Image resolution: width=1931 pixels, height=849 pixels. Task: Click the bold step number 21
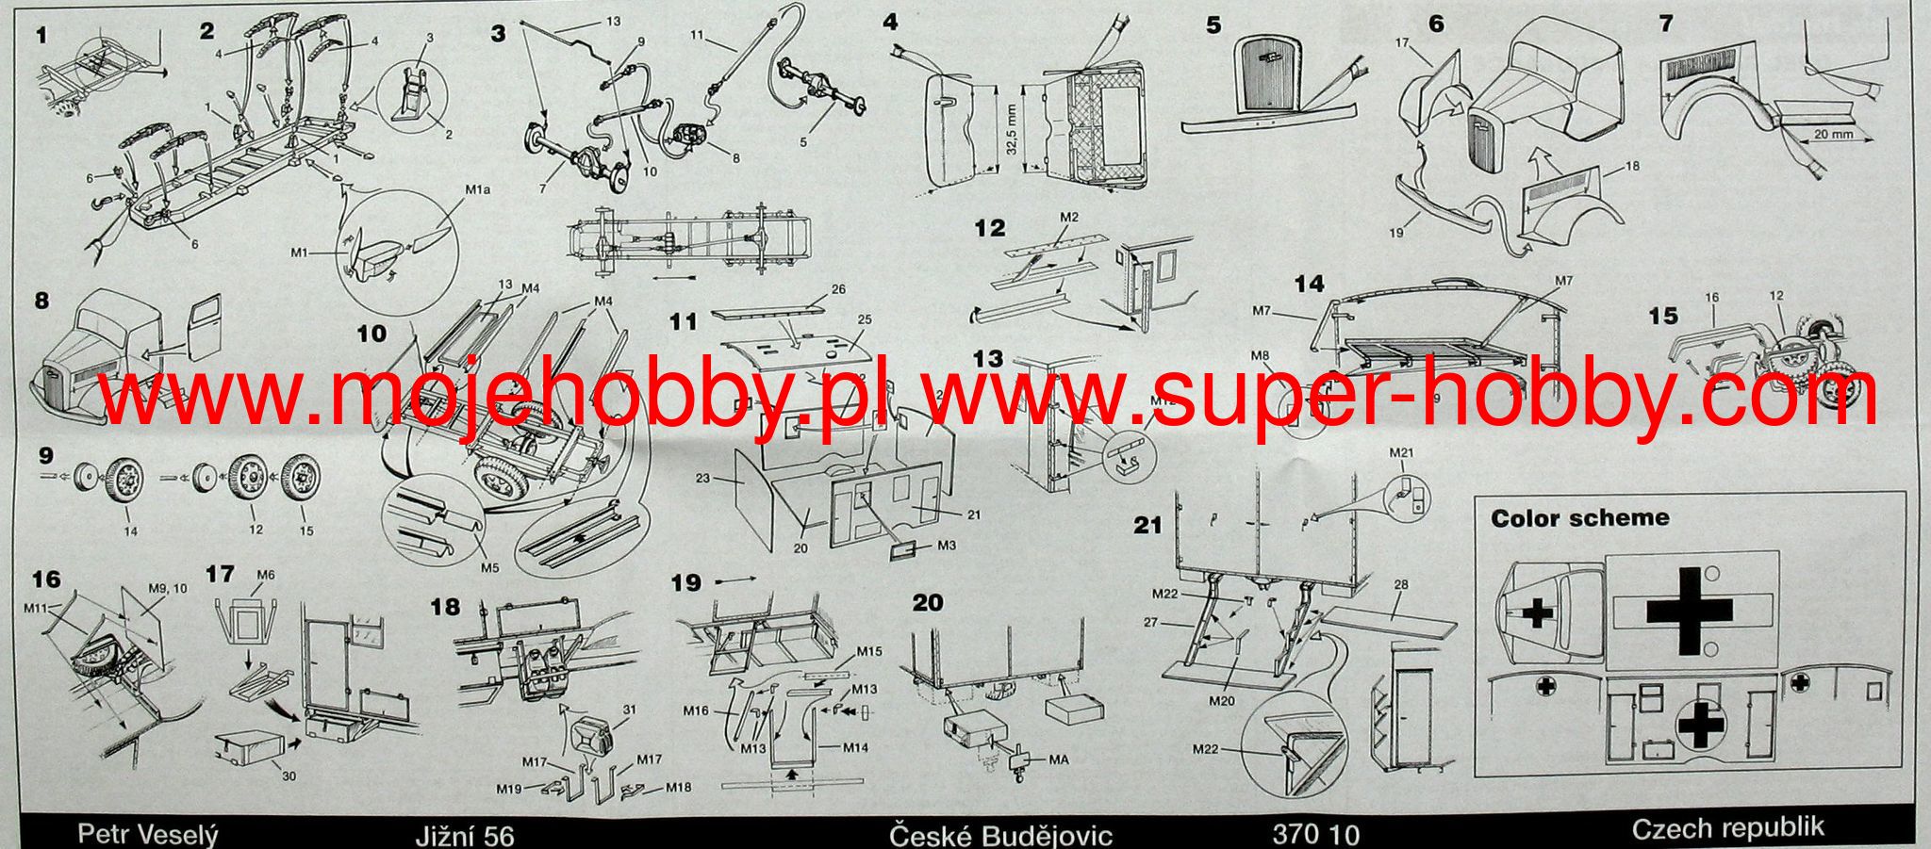pos(1147,524)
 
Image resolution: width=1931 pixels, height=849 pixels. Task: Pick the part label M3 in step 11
pos(946,546)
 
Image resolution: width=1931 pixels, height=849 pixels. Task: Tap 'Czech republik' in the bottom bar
pos(1727,828)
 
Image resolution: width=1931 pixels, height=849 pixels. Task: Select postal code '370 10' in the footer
pos(1316,835)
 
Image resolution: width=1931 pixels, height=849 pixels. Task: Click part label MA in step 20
pos(1058,759)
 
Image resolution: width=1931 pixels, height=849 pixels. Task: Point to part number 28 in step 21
pos(1401,585)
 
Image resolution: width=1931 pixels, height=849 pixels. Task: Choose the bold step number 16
pos(46,578)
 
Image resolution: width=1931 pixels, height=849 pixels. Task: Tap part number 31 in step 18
pos(629,710)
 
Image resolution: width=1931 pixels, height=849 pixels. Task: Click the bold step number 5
pos(1213,24)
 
